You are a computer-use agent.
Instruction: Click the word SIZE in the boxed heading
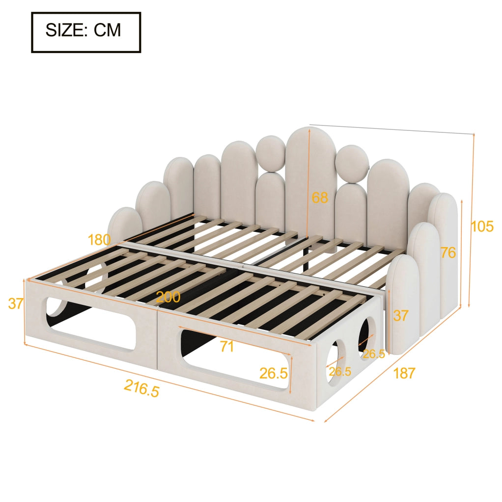pyautogui.click(x=65, y=30)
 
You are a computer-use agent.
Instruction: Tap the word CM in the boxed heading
pyautogui.click(x=107, y=30)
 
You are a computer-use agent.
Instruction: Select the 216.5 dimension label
pyautogui.click(x=141, y=388)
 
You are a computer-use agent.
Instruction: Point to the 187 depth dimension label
pyautogui.click(x=404, y=373)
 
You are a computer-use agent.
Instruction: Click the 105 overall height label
pyautogui.click(x=482, y=226)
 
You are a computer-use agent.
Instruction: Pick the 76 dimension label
pyautogui.click(x=448, y=253)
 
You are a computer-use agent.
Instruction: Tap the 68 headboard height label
pyautogui.click(x=320, y=198)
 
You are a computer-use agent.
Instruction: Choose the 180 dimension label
pyautogui.click(x=99, y=239)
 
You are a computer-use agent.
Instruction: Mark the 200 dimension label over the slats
pyautogui.click(x=168, y=298)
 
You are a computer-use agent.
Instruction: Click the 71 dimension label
pyautogui.click(x=227, y=347)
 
